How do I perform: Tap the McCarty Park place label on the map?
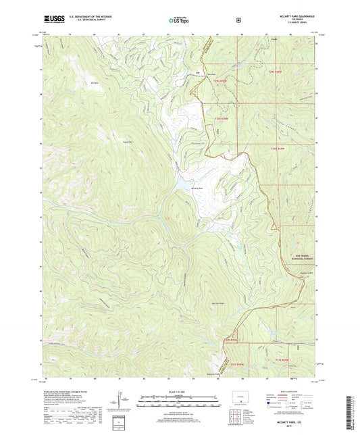point(197,188)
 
